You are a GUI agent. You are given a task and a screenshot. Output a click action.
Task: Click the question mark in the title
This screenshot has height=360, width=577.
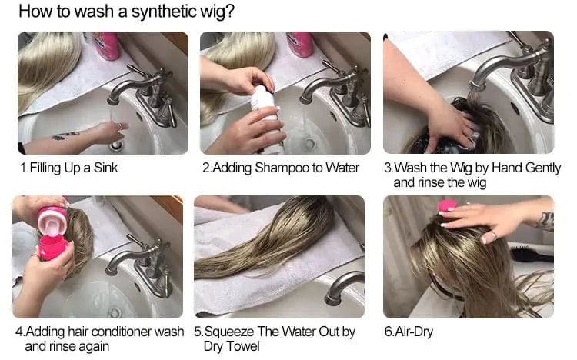pyautogui.click(x=230, y=11)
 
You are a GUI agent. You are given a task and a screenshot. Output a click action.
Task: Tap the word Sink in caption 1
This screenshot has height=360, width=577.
pyautogui.click(x=105, y=168)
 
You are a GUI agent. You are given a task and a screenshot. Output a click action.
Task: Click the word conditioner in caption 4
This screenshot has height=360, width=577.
pyautogui.click(x=121, y=332)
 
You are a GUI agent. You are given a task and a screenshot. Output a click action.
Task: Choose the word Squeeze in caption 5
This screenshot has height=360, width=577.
pyautogui.click(x=229, y=332)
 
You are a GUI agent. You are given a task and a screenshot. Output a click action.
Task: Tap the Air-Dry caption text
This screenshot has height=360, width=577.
pyautogui.click(x=409, y=332)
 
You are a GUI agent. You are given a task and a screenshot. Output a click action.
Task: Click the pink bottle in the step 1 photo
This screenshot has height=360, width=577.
pyautogui.click(x=107, y=45)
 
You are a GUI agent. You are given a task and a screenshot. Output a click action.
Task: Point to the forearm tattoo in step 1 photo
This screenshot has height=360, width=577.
pyautogui.click(x=65, y=135)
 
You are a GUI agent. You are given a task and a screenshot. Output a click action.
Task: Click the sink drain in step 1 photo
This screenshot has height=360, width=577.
pyautogui.click(x=116, y=145)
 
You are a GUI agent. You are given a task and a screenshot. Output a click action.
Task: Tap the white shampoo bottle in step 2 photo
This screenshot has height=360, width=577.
pyautogui.click(x=267, y=118)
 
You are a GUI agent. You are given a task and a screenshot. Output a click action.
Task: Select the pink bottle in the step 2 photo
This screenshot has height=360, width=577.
pyautogui.click(x=300, y=44)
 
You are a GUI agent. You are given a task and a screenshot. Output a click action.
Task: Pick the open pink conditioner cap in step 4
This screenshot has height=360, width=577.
pyautogui.click(x=53, y=222)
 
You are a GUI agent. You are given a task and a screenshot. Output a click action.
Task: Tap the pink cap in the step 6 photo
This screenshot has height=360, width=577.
pyautogui.click(x=448, y=205)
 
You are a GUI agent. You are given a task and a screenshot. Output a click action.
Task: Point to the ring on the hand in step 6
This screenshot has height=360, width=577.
pyautogui.click(x=494, y=235)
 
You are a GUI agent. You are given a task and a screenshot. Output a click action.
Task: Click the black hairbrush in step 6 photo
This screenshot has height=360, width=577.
pyautogui.click(x=531, y=255)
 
